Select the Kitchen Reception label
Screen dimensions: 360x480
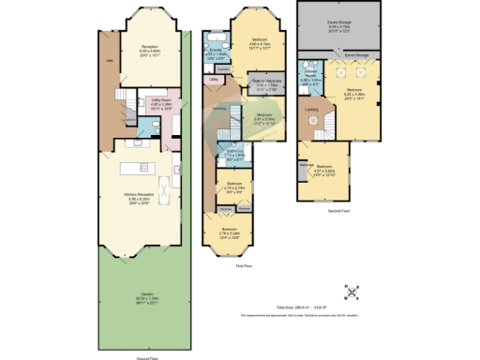(138, 196)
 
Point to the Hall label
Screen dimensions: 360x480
(110, 62)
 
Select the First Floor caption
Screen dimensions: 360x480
(243, 266)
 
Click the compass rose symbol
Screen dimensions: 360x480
(352, 292)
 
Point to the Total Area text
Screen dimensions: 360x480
(309, 307)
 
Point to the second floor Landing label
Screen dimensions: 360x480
(312, 110)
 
